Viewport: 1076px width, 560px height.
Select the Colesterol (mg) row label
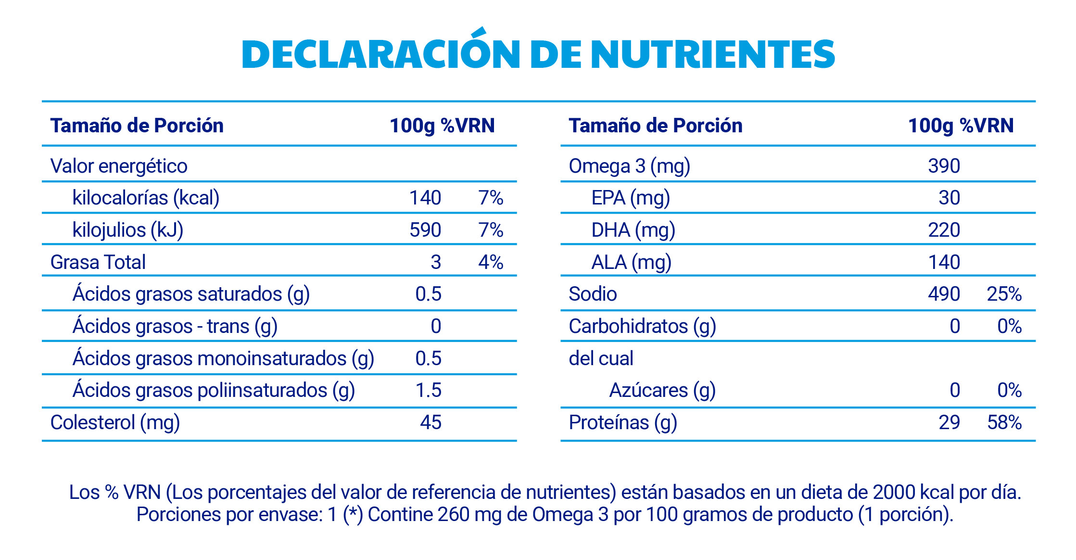tap(115, 422)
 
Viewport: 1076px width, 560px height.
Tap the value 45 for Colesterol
tap(430, 422)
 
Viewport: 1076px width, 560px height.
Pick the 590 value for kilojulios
tap(425, 230)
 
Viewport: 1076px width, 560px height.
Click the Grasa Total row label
tap(98, 262)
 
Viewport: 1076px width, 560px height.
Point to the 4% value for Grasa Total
tap(491, 262)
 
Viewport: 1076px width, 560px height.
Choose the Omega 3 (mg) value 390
tap(944, 166)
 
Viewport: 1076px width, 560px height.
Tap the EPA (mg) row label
tap(630, 198)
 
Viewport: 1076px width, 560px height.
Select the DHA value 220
tap(944, 230)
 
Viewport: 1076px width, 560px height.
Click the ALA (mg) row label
tap(631, 262)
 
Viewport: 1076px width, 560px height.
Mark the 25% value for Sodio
tap(1004, 294)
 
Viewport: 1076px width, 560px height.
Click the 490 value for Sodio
tap(944, 294)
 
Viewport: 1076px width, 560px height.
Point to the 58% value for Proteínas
tap(1004, 422)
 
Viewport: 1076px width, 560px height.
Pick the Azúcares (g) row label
tap(662, 390)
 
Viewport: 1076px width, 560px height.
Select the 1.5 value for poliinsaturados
tap(428, 390)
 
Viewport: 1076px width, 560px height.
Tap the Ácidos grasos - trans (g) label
tap(175, 326)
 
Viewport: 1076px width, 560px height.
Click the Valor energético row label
tap(119, 166)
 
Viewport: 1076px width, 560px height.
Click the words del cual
tap(601, 358)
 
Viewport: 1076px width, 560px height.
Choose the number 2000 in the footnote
tap(894, 492)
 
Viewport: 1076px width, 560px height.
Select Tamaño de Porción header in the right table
tap(655, 126)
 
